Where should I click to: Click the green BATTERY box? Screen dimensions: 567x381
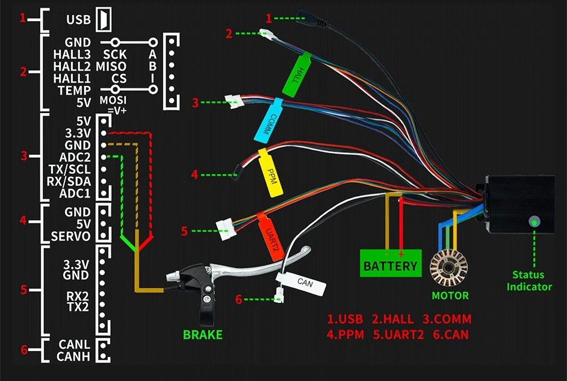[391, 263]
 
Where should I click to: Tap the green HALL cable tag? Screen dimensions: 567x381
[297, 75]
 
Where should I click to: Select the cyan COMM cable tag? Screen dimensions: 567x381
[268, 120]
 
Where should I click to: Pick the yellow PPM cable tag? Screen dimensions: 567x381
[270, 172]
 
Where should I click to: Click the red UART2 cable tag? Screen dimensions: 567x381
[270, 237]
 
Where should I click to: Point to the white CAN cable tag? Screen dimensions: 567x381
[301, 283]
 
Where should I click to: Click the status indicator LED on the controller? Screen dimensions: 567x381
[534, 221]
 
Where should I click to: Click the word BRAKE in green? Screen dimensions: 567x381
[202, 335]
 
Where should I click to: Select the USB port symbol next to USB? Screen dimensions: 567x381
[104, 19]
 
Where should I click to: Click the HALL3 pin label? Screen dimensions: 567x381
[72, 55]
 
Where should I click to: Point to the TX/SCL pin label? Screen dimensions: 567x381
[69, 169]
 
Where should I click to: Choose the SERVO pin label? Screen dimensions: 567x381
[70, 237]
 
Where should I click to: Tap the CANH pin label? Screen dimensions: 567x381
[73, 356]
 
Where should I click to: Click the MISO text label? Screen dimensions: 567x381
[111, 67]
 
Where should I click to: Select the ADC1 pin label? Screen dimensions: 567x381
[75, 193]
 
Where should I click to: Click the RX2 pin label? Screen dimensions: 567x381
[78, 296]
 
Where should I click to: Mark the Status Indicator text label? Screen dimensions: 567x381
[529, 281]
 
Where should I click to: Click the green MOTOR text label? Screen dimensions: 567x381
[450, 296]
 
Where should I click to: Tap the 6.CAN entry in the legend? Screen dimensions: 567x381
[451, 335]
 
